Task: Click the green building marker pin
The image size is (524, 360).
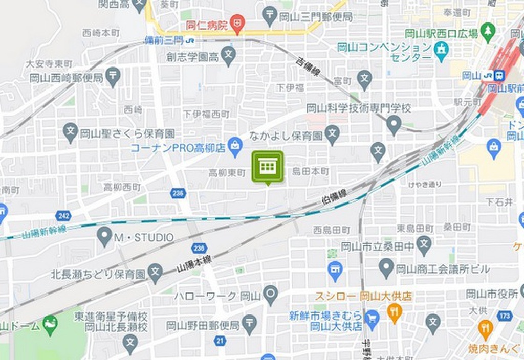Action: coord(267,167)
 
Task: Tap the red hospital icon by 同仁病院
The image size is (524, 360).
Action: coord(237,24)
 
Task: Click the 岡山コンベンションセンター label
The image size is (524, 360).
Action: coord(384,52)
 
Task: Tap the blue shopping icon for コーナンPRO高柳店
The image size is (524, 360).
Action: coord(234,146)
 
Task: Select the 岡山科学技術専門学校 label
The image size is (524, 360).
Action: coord(359,108)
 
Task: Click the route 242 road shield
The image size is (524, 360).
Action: coord(64,215)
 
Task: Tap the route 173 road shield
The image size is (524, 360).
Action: coord(505,316)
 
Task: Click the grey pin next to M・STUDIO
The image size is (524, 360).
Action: coord(104,236)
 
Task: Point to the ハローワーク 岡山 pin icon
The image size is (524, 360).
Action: coord(270,294)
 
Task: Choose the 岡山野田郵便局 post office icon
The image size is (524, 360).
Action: coord(249,323)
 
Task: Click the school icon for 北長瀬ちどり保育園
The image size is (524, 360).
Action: coord(155,273)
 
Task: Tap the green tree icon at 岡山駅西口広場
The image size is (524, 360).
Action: coord(488,31)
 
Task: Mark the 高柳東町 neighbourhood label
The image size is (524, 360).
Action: coord(227,173)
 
